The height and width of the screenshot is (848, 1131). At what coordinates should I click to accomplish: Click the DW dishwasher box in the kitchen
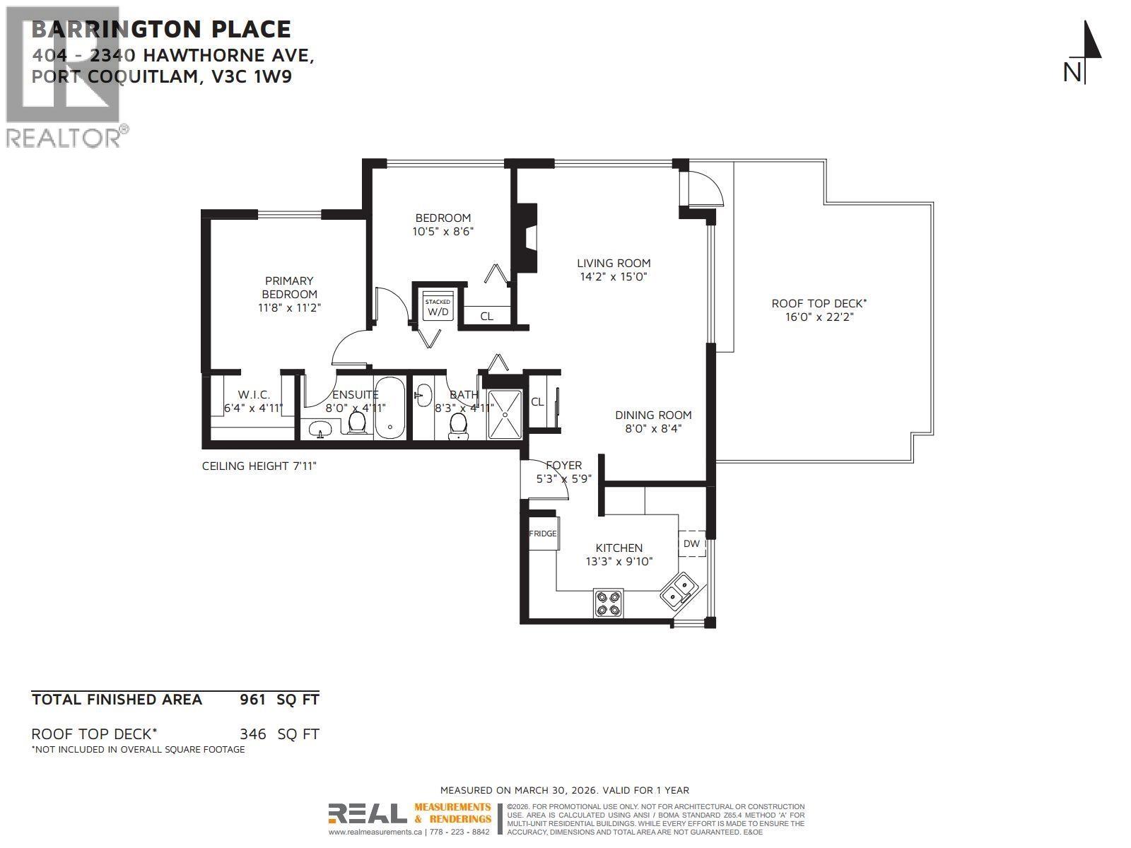point(691,543)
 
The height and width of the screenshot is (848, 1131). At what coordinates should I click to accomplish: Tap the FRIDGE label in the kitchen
point(543,534)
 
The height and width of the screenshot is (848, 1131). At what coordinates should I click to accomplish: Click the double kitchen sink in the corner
point(678,592)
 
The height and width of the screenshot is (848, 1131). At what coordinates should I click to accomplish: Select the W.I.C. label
point(254,394)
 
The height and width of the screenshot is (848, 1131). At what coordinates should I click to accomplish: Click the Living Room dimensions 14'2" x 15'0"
point(614,276)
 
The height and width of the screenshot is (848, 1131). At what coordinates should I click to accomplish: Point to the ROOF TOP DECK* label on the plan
point(819,303)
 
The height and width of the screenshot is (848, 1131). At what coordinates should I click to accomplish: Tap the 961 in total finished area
point(252,700)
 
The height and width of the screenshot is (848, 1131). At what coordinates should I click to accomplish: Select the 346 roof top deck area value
point(252,734)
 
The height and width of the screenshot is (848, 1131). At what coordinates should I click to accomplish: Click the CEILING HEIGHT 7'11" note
point(264,466)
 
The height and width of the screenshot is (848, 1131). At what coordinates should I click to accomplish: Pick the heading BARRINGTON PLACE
point(161,29)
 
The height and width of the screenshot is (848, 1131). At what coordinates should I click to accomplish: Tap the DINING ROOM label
point(652,415)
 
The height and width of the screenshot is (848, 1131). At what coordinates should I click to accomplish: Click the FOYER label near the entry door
point(563,465)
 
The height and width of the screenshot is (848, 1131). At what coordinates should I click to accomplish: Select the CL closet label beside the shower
point(537,401)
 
